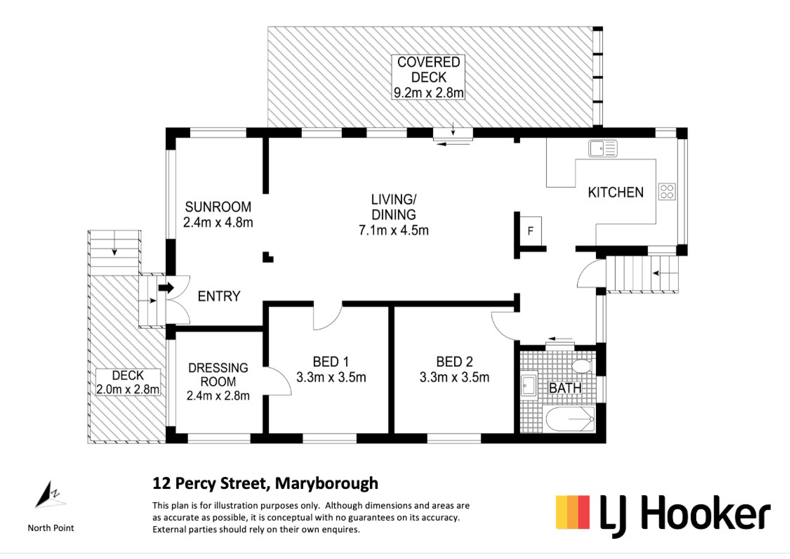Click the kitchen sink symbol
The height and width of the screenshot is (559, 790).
tap(603, 148)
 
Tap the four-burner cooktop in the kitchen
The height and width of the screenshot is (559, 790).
tap(667, 192)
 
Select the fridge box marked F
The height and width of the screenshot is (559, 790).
tap(530, 231)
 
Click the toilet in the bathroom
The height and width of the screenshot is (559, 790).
tap(582, 366)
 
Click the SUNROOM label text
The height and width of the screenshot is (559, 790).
tap(218, 207)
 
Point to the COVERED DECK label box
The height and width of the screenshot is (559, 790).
tap(428, 77)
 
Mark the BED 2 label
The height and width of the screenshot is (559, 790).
tap(454, 362)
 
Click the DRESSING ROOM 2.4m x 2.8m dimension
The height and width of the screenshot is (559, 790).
tap(218, 396)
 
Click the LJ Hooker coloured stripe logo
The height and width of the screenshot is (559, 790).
tap(573, 512)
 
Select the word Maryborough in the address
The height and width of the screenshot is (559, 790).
tap(327, 484)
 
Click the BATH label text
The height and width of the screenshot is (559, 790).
tap(565, 388)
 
